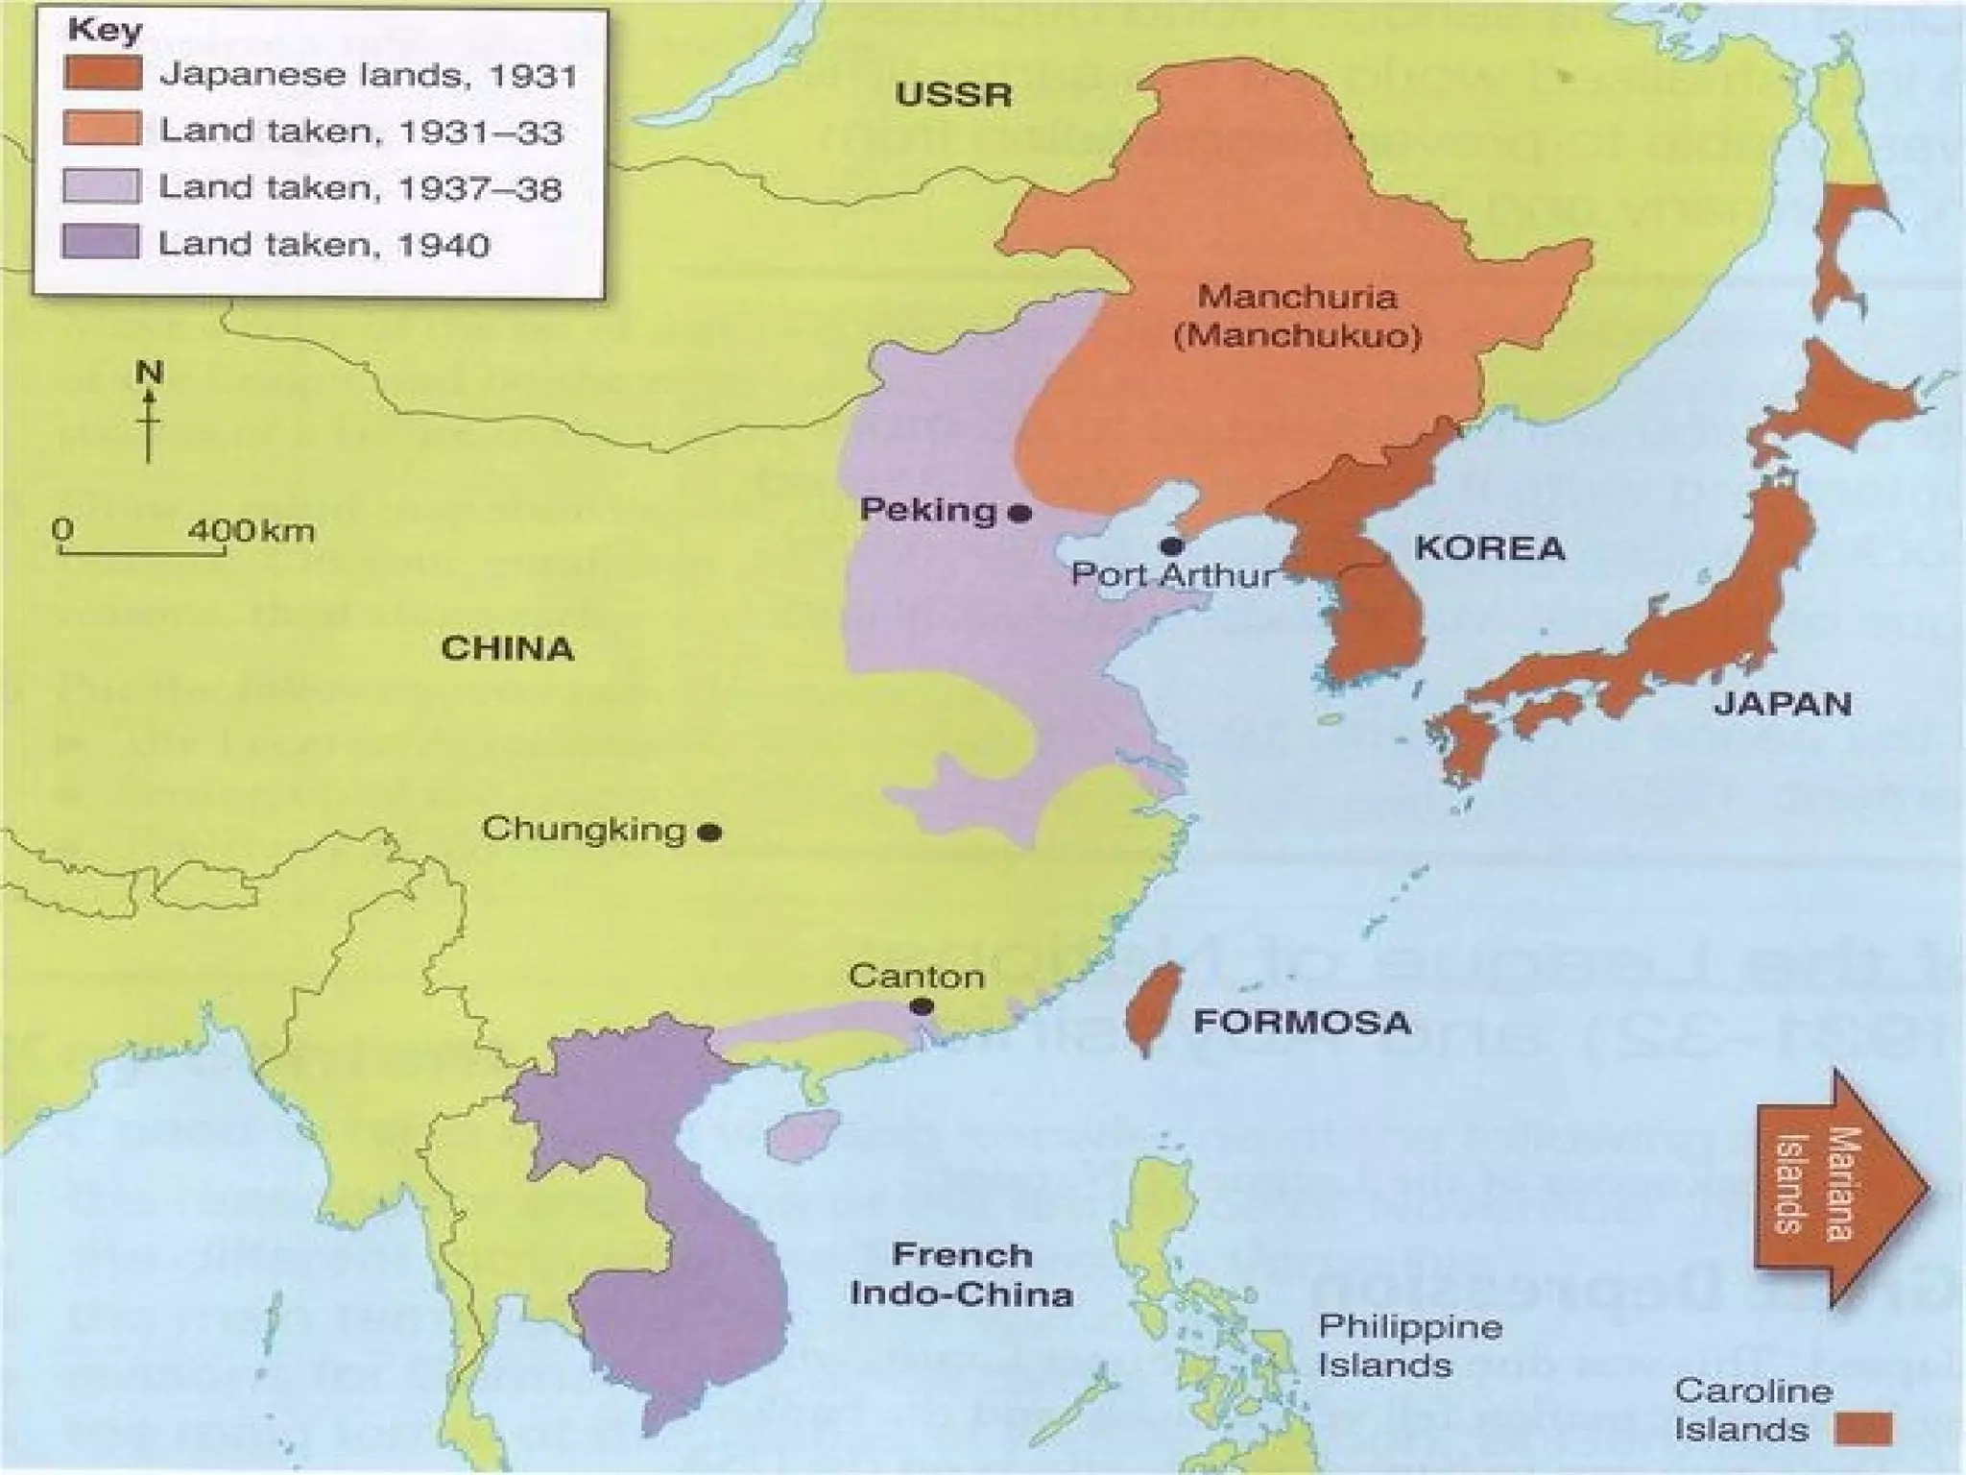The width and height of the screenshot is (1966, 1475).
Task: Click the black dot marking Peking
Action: (1020, 514)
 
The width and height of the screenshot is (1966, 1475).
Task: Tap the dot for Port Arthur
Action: (1170, 546)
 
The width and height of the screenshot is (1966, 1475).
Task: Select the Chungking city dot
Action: (709, 833)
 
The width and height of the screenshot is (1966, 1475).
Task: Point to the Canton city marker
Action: (922, 1006)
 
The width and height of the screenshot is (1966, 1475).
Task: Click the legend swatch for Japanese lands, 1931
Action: (103, 73)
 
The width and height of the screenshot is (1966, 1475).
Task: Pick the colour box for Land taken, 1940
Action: (101, 242)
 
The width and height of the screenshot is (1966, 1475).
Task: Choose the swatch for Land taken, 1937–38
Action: (102, 186)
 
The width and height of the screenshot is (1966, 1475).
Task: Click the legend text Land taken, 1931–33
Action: (361, 132)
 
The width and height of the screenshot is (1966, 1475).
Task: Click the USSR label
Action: (953, 95)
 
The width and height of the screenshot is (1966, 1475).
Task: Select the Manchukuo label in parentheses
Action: (1297, 337)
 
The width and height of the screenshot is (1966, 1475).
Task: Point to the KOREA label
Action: (1490, 549)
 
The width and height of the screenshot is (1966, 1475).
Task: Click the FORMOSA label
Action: (1302, 1022)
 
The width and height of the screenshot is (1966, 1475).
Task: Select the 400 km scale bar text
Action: (252, 530)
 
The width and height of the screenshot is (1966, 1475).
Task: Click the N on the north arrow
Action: (149, 372)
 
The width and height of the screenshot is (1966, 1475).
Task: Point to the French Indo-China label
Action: (961, 1274)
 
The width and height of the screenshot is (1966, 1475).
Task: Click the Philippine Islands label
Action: (1409, 1345)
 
